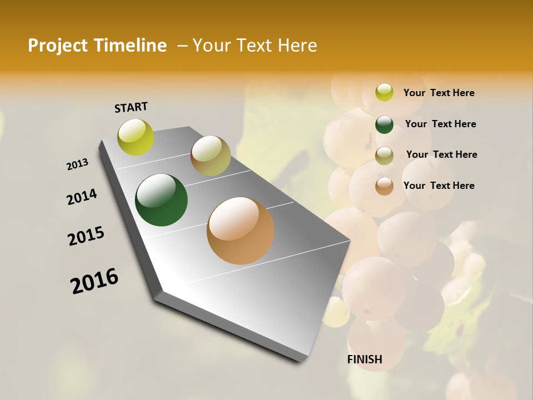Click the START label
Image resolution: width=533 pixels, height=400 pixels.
point(131,107)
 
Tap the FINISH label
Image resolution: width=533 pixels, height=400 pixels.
point(364,359)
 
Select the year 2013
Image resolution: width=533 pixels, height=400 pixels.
point(77,164)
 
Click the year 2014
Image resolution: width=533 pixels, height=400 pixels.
point(82,197)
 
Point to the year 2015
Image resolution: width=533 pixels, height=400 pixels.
point(86,236)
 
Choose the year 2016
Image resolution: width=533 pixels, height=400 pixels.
point(94,281)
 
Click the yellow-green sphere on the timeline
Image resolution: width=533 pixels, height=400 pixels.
point(136,137)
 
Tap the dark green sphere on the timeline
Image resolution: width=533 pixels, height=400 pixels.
point(161,200)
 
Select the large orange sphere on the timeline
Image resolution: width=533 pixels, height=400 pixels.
point(240,231)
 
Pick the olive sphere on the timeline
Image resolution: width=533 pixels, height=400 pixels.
point(210,156)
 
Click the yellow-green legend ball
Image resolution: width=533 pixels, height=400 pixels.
point(384,92)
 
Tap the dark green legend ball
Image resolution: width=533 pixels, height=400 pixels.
point(384,124)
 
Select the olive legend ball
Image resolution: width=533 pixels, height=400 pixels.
point(384,155)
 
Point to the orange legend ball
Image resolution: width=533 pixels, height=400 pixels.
point(384,186)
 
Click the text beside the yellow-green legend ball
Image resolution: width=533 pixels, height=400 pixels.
point(439,93)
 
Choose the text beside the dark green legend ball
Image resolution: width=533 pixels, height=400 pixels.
point(440,124)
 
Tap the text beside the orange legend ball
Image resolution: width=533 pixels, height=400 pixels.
point(439,186)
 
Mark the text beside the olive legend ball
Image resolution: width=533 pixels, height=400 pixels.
point(441,154)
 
